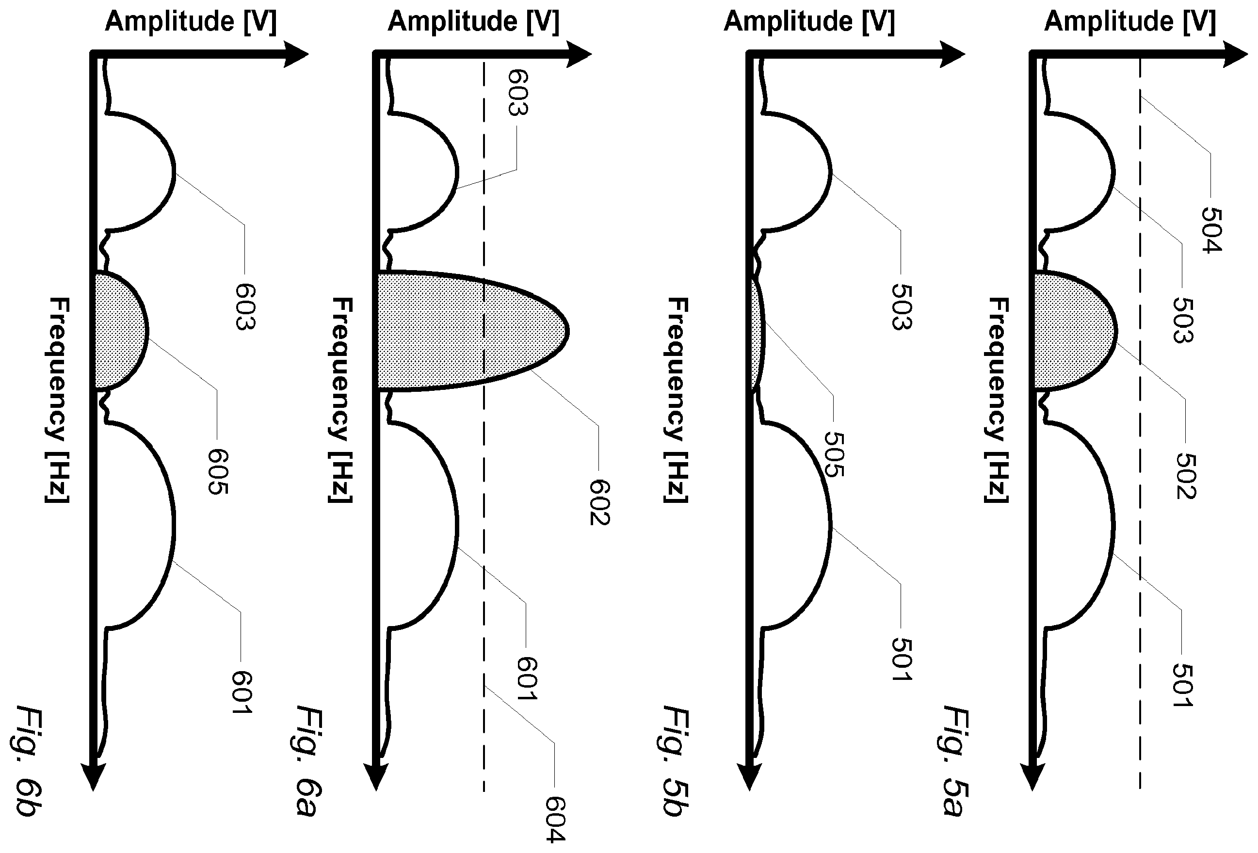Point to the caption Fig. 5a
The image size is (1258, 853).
click(954, 760)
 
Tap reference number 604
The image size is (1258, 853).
click(555, 819)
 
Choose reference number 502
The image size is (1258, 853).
click(1186, 476)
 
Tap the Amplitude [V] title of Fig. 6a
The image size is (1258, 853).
click(474, 22)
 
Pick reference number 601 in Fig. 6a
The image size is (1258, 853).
click(527, 679)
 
